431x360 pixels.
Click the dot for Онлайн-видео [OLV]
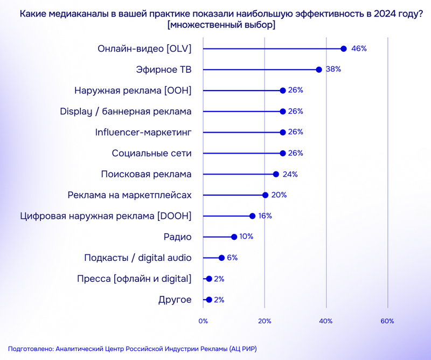344,49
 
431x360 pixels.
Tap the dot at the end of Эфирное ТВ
319,70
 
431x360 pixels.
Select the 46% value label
359,49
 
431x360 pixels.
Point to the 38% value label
334,70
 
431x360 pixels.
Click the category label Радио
177,237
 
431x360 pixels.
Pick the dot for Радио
234,237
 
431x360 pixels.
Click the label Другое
175,300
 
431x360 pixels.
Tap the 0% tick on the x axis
203,321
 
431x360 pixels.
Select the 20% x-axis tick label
265,321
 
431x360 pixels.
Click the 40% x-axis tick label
326,321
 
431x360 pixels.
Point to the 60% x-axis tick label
387,321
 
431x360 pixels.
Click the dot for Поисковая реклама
276,174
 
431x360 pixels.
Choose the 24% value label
290,174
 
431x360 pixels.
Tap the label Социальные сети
151,153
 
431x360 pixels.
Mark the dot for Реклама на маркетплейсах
265,195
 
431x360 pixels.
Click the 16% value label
265,216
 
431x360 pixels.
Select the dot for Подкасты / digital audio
221,258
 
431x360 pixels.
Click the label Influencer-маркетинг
143,132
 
